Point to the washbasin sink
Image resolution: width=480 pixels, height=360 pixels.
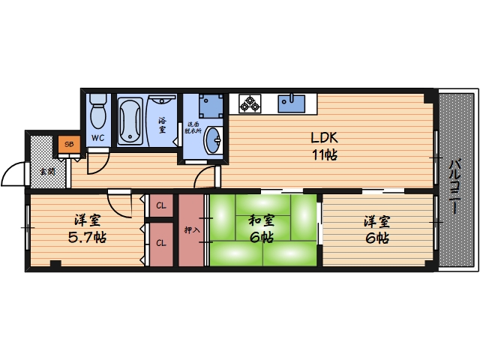pos(213,139)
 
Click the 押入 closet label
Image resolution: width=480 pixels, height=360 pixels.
pos(191,229)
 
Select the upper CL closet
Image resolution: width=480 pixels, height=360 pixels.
pos(161,205)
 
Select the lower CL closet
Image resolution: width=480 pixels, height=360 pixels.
pos(161,242)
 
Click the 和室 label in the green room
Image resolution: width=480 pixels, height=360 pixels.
pos(261,221)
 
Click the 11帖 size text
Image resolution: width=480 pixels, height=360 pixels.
pos(324,156)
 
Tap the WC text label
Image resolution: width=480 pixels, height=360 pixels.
pos(97,138)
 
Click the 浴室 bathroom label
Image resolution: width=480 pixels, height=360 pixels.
pos(162,124)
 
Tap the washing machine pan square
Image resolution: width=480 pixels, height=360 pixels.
pos(211,105)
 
